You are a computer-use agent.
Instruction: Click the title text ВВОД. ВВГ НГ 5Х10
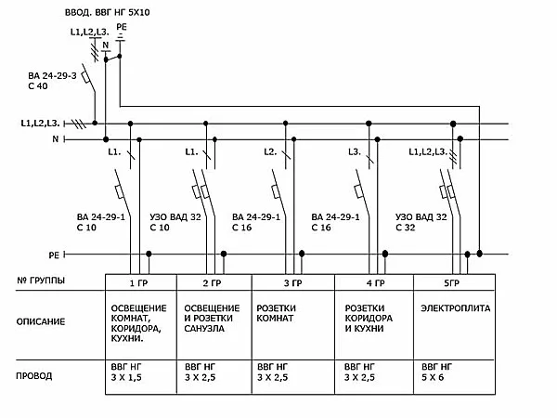click(122, 12)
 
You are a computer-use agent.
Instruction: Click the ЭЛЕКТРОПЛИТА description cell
click(455, 307)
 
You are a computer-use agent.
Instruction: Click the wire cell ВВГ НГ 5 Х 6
click(438, 373)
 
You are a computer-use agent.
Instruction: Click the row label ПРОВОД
click(36, 376)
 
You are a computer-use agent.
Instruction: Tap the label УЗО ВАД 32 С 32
click(421, 221)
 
